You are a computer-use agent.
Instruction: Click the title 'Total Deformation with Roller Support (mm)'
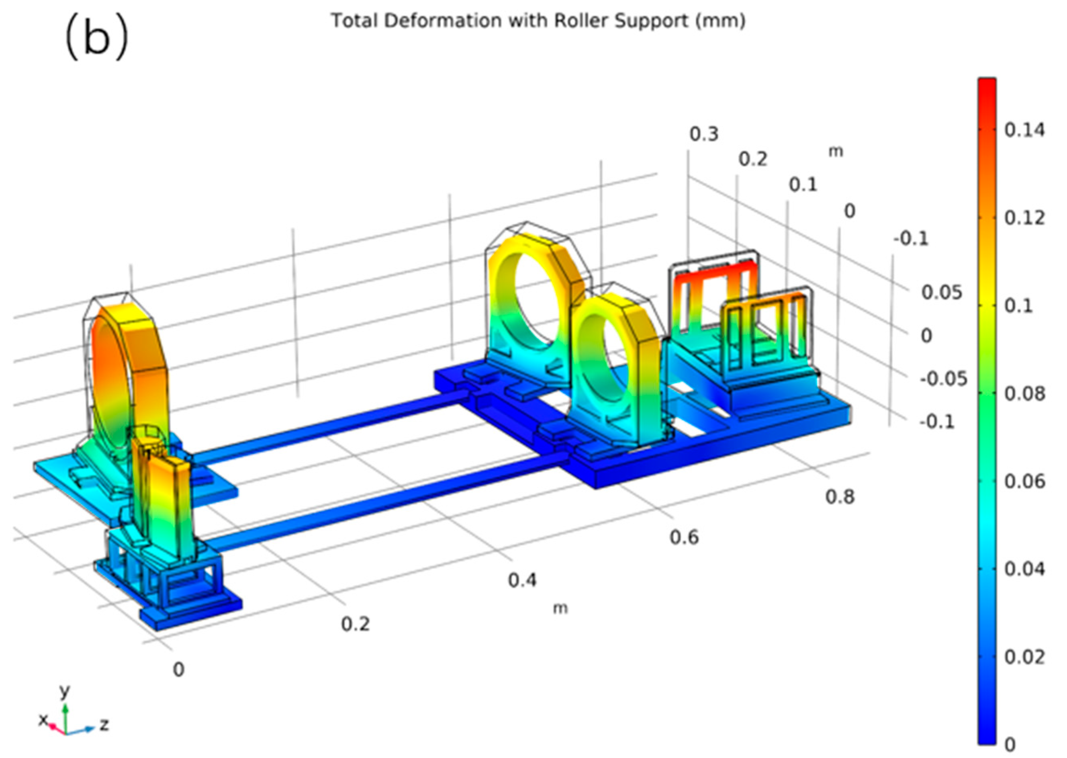tap(538, 20)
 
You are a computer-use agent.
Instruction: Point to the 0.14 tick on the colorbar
tap(1024, 130)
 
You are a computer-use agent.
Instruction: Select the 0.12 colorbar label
tap(1024, 218)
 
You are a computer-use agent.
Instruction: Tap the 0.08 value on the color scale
tap(1024, 394)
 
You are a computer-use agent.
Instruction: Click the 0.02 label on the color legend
tap(1024, 657)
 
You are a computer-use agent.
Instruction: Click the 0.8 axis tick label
tap(840, 497)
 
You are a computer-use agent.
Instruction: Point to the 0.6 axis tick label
tap(684, 538)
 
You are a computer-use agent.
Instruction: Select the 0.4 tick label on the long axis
tap(523, 581)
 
